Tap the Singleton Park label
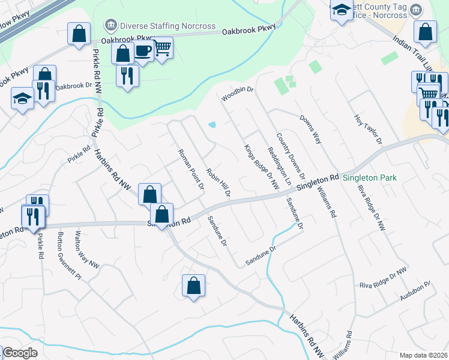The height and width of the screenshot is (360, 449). (x=370, y=178)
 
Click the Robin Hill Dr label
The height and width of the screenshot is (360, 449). (x=218, y=182)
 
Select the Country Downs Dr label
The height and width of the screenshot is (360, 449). (x=291, y=157)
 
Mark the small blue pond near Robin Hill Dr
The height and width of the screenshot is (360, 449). (x=212, y=125)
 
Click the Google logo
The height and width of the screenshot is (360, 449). (x=19, y=353)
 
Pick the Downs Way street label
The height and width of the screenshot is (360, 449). (x=311, y=130)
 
